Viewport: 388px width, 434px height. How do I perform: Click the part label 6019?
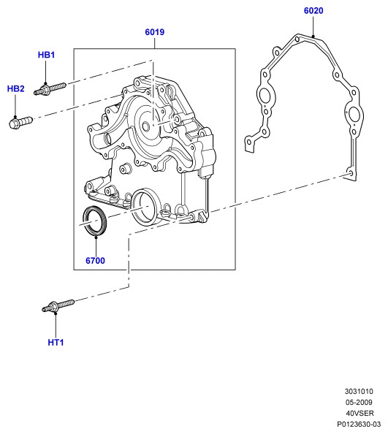pyautogui.click(x=154, y=32)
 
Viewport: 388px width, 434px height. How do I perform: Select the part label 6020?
pyautogui.click(x=313, y=10)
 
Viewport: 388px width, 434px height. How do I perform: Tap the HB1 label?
pyautogui.click(x=46, y=55)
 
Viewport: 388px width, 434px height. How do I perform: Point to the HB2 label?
pyautogui.click(x=15, y=88)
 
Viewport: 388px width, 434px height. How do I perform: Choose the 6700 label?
pyautogui.click(x=95, y=260)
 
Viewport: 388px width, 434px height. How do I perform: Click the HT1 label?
pyautogui.click(x=56, y=343)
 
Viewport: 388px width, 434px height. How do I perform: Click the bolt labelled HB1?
pyautogui.click(x=50, y=89)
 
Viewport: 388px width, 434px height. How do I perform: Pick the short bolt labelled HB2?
pyautogui.click(x=20, y=122)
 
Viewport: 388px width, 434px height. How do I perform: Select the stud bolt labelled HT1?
pyautogui.click(x=58, y=305)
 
